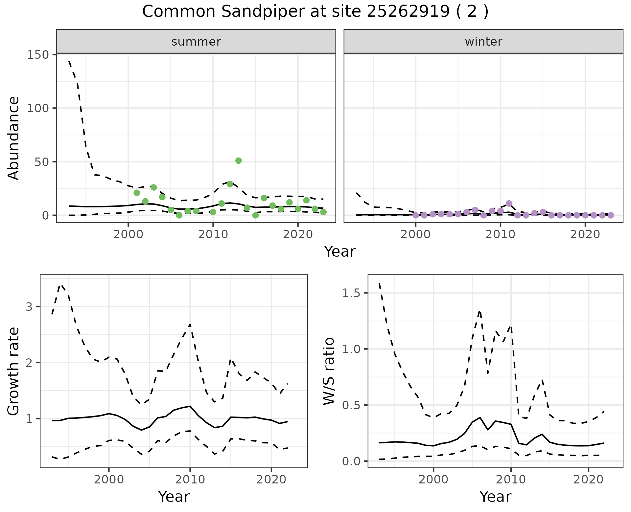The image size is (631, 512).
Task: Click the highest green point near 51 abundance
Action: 239,160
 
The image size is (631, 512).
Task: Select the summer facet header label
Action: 196,42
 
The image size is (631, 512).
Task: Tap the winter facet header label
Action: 483,42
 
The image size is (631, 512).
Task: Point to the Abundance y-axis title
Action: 14,138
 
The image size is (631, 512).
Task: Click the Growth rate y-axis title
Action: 14,372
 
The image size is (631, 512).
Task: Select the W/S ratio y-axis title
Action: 329,371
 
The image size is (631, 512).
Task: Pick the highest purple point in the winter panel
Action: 509,203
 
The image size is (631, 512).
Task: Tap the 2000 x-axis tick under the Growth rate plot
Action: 109,480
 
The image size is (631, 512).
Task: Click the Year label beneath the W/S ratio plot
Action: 495,497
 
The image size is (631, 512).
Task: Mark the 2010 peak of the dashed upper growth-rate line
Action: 190,324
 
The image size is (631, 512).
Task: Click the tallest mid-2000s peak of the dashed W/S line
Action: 480,310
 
